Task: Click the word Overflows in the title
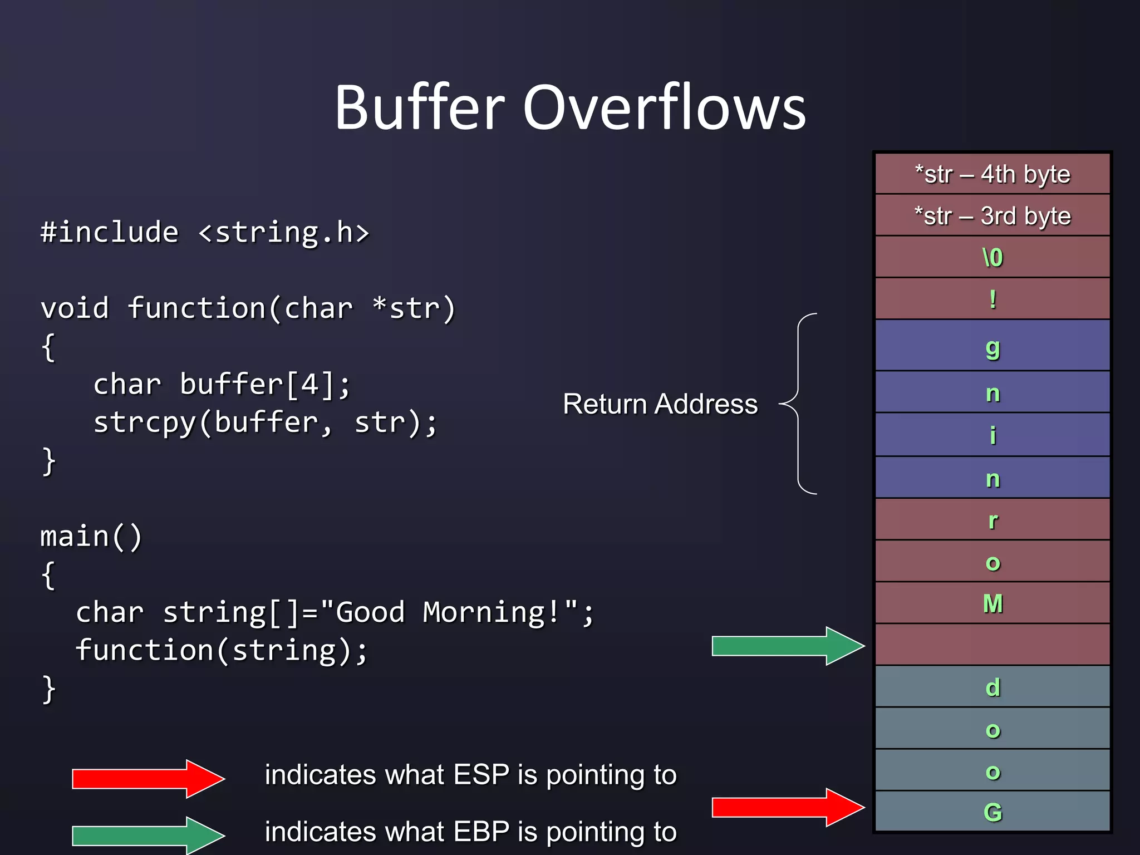[664, 107]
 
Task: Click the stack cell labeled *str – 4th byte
[992, 174]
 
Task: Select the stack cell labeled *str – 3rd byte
[992, 216]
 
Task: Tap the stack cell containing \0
[992, 257]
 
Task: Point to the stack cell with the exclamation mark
[992, 299]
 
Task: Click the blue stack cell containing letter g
[992, 346]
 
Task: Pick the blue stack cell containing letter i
[992, 435]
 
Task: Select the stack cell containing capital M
[992, 603]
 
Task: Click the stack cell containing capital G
[992, 812]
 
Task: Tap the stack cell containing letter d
[992, 687]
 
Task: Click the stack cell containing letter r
[992, 520]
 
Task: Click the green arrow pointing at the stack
[787, 646]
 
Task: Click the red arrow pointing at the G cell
[787, 807]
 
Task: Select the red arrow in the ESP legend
[148, 779]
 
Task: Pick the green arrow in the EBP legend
[148, 836]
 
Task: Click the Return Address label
[660, 404]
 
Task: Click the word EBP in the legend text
[481, 832]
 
